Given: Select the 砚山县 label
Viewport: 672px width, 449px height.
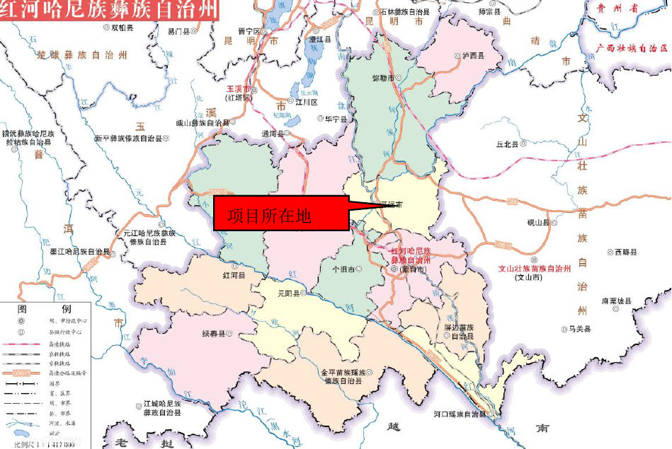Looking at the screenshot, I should pyautogui.click(x=538, y=222).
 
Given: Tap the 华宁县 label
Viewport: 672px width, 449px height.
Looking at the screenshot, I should pyautogui.click(x=336, y=120).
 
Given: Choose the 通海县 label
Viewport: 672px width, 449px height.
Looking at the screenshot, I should pyautogui.click(x=273, y=133).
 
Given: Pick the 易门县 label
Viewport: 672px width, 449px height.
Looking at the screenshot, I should pyautogui.click(x=178, y=31).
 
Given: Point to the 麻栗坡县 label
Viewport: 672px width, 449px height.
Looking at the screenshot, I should pyautogui.click(x=615, y=301).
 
